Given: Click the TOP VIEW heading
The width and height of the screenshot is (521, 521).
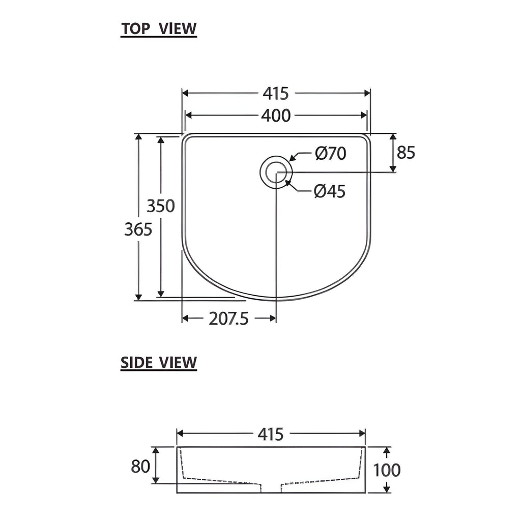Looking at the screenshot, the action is [x=159, y=28].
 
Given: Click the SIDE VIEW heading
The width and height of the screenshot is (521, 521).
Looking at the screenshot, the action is [x=159, y=362].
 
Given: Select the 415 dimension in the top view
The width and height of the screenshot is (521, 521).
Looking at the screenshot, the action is [x=276, y=94].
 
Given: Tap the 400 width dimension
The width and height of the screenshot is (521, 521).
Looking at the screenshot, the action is [x=276, y=115].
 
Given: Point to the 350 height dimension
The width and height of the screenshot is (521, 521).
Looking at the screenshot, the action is [x=161, y=206].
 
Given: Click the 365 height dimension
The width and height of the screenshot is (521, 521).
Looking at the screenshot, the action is [x=138, y=229].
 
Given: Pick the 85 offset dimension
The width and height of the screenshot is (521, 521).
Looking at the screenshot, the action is [x=406, y=153].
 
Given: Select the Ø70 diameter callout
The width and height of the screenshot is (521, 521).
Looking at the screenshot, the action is [x=331, y=154].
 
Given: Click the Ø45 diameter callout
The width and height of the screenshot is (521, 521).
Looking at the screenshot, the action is [x=330, y=191].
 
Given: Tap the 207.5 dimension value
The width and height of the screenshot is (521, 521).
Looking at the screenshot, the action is [x=228, y=319].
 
